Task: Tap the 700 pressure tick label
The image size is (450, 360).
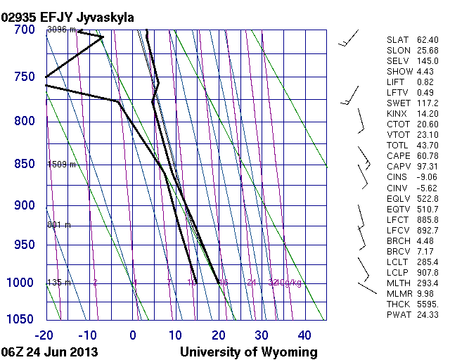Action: (24, 30)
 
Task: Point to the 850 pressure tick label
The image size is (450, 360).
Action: (24, 165)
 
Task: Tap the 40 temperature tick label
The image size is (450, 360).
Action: (304, 335)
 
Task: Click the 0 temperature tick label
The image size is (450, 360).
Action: (133, 335)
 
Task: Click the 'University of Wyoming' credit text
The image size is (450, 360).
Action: (249, 352)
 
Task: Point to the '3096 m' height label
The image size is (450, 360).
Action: (60, 30)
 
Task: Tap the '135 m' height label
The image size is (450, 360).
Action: (58, 283)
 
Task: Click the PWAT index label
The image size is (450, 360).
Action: (397, 314)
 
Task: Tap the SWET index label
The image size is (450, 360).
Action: (397, 103)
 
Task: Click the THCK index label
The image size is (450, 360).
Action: (397, 304)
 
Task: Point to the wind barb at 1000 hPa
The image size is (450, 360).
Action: (367, 287)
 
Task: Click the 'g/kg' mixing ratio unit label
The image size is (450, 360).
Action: (294, 283)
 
